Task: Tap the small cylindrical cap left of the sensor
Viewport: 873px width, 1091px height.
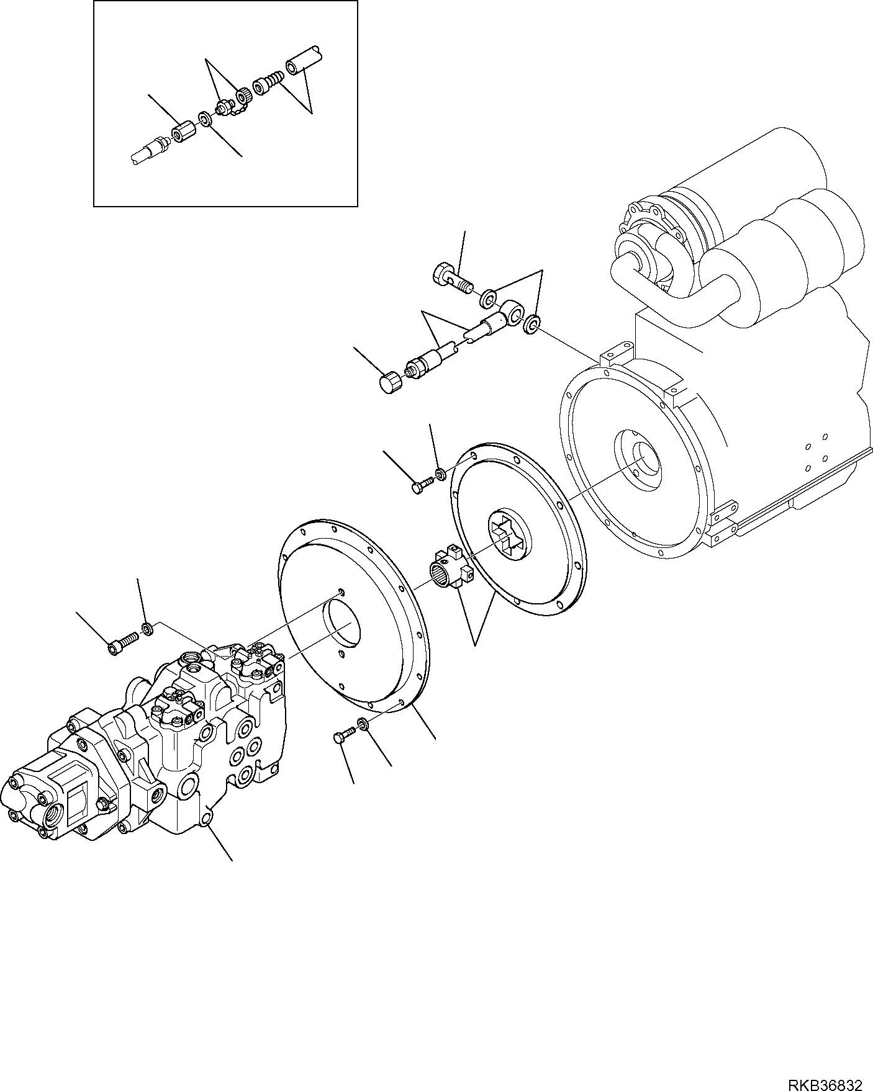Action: tap(390, 380)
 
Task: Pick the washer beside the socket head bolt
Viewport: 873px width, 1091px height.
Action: tap(147, 630)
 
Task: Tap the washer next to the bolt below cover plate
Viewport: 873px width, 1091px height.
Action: tap(363, 724)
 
